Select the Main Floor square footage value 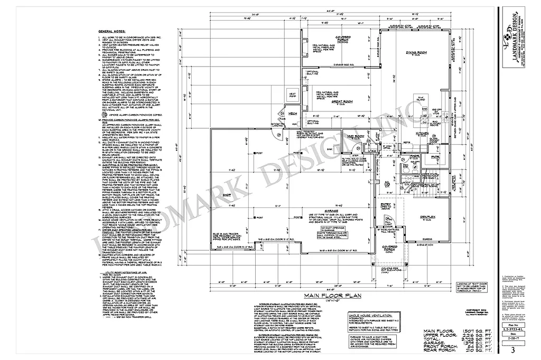click(465, 331)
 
